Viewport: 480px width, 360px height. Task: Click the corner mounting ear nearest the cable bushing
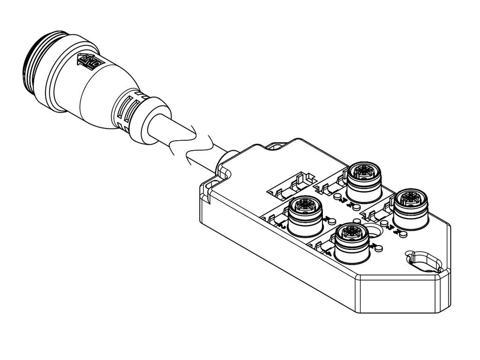click(x=213, y=186)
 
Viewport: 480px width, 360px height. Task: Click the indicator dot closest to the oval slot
click(x=400, y=232)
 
